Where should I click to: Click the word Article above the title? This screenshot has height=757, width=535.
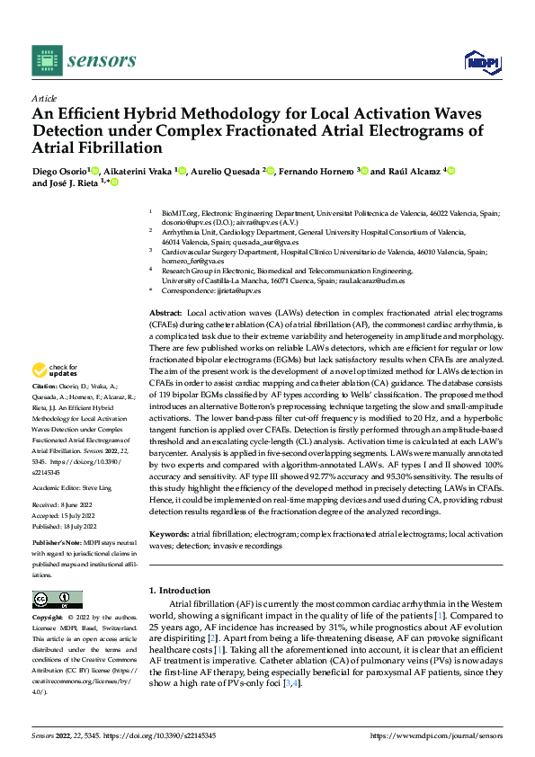(x=44, y=98)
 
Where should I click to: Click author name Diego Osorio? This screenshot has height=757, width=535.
(x=58, y=171)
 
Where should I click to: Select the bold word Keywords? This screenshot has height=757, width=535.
(x=169, y=535)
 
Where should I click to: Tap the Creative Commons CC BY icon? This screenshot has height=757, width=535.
(x=57, y=599)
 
